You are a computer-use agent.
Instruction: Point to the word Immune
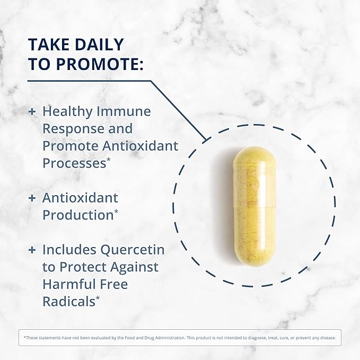pyautogui.click(x=126, y=112)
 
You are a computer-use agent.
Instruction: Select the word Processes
pyautogui.click(x=73, y=163)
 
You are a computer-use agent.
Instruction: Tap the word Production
pyautogui.click(x=77, y=215)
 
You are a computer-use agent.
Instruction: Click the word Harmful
pyautogui.click(x=69, y=284)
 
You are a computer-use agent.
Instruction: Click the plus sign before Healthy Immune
pyautogui.click(x=32, y=112)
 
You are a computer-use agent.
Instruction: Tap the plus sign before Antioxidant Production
pyautogui.click(x=32, y=198)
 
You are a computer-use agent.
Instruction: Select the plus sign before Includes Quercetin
pyautogui.click(x=32, y=250)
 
